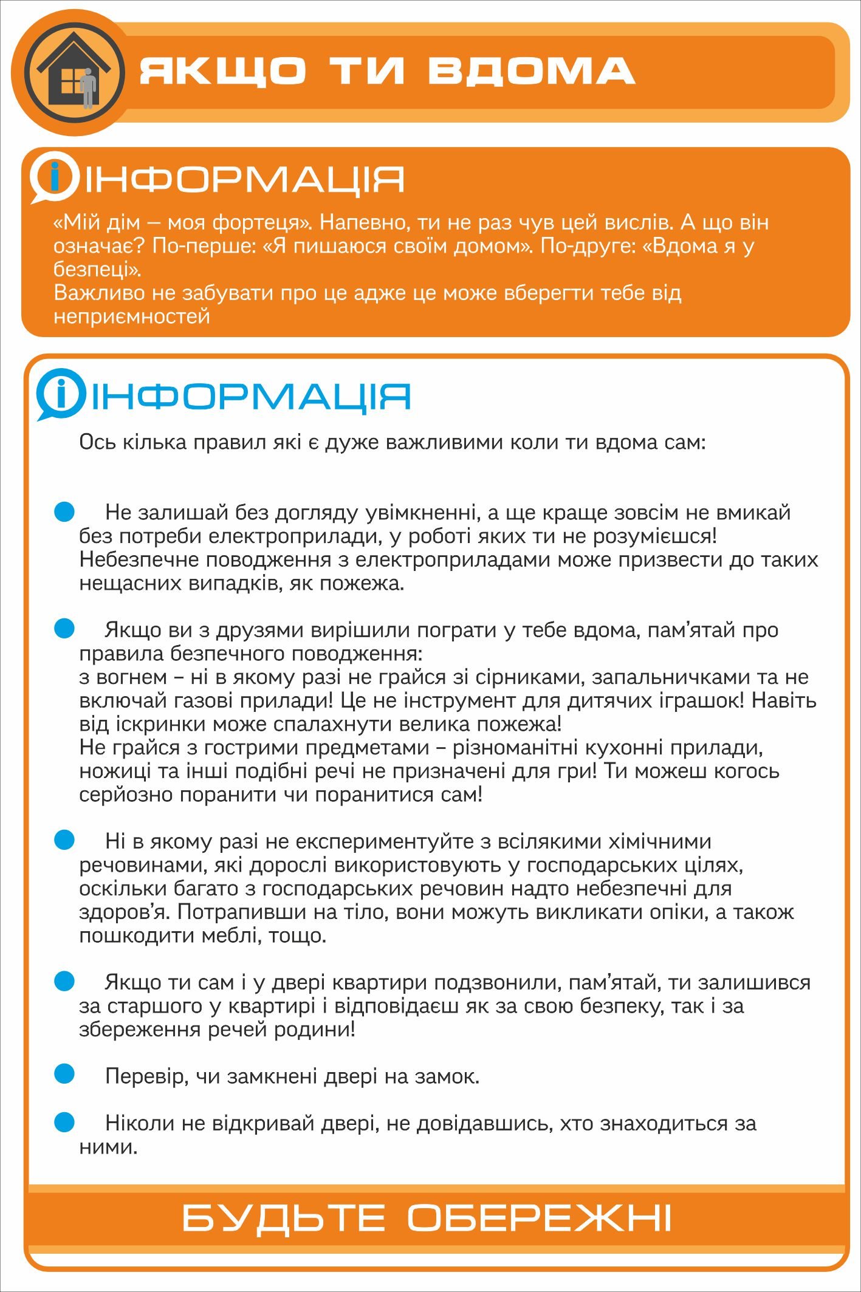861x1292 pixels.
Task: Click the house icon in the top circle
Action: click(x=72, y=72)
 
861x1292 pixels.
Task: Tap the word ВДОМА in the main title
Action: click(x=531, y=70)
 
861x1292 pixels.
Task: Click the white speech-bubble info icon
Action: click(x=54, y=177)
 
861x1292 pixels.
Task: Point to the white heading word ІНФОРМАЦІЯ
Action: click(x=244, y=180)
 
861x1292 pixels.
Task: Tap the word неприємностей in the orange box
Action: click(x=131, y=316)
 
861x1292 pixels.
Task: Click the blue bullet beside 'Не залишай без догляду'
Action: click(x=64, y=511)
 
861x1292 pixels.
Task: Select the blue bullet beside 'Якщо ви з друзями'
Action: click(x=64, y=629)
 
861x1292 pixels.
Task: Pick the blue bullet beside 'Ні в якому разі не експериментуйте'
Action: click(x=64, y=840)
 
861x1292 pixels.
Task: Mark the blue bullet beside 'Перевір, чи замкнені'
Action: click(x=64, y=1074)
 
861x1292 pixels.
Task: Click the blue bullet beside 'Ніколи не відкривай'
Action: click(x=64, y=1121)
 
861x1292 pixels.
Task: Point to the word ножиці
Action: click(x=112, y=771)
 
